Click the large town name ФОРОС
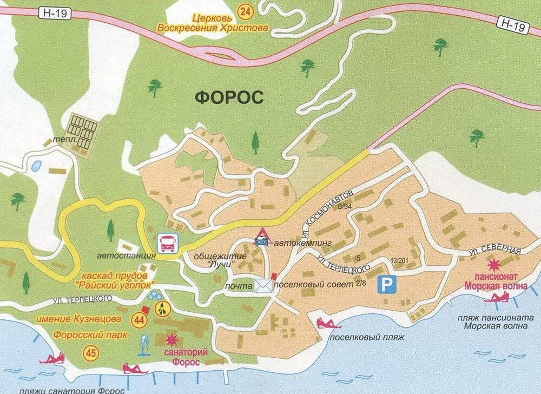[x=229, y=97]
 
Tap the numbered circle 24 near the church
[x=246, y=10]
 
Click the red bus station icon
[x=166, y=244]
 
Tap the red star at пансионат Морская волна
[x=493, y=265]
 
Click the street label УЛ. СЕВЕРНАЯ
[x=494, y=252]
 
